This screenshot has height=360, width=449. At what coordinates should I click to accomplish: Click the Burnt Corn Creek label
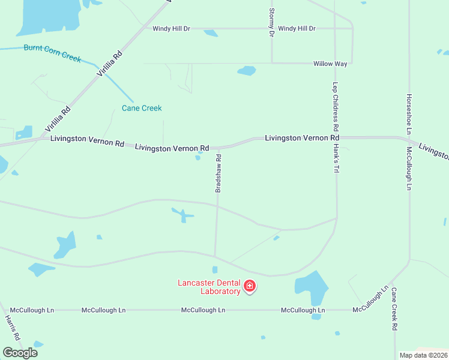point(52,52)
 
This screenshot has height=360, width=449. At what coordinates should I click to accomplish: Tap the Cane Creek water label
point(142,108)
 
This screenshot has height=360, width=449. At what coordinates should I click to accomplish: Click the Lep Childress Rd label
point(336,107)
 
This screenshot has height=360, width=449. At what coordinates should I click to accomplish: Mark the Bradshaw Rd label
point(218,173)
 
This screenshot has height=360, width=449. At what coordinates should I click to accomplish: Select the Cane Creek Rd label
point(394,310)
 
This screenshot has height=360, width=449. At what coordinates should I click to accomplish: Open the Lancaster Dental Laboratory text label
point(209,287)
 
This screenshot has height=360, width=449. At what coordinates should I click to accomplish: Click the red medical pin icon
point(250,287)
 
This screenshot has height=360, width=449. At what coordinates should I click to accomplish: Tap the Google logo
point(20,352)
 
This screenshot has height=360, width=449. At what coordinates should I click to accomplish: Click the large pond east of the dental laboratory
point(312,288)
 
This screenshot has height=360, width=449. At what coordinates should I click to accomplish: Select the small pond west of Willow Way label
point(247,71)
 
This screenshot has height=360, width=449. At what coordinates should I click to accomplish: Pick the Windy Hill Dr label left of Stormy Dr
point(171,28)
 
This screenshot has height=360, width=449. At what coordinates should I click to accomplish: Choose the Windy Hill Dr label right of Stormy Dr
point(297,28)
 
